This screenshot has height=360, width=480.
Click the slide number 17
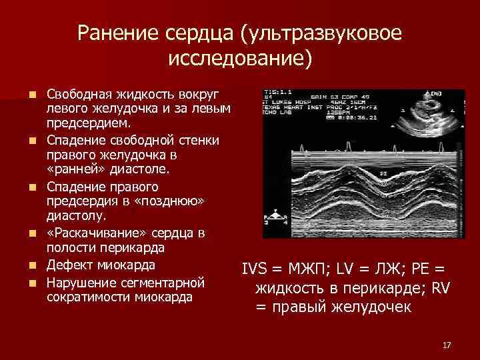tap(447, 345)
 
